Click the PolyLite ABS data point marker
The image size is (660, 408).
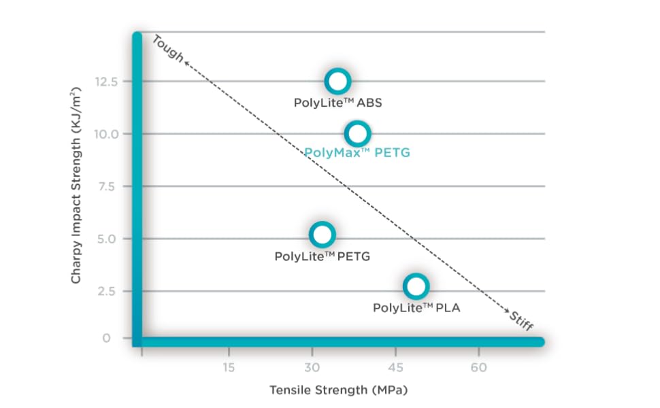click(337, 82)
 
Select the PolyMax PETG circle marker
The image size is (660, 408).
click(358, 133)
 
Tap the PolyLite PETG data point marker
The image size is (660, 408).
click(322, 235)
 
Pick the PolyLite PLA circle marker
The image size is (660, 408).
click(416, 286)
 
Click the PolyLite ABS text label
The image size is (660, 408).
click(338, 103)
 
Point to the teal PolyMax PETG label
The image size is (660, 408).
click(357, 153)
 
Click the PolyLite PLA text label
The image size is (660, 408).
click(416, 308)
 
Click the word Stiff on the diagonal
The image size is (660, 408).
click(521, 319)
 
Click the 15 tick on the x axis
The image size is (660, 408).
click(228, 368)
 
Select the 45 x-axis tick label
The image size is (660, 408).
click(395, 368)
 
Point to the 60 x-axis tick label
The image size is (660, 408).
click(479, 368)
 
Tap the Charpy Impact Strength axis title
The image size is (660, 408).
click(76, 185)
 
